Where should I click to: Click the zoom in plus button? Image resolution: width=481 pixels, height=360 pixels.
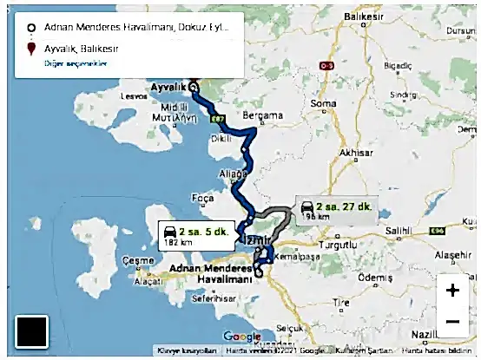click(x=452, y=291)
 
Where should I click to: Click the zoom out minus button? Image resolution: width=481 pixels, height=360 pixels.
click(x=452, y=322)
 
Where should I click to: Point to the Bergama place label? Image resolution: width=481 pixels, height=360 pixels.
click(x=266, y=115)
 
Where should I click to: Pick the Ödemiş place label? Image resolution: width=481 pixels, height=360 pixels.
click(x=365, y=275)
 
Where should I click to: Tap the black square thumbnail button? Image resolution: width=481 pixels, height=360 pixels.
click(x=31, y=333)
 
